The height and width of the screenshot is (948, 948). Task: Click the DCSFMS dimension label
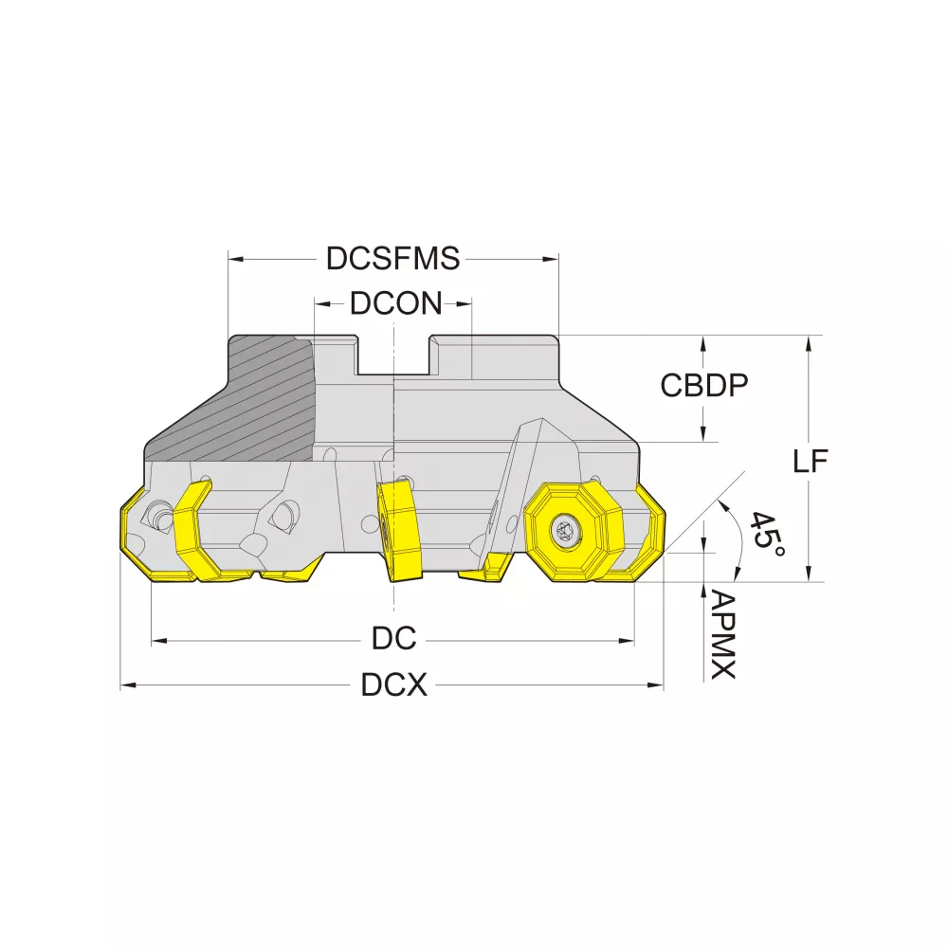pyautogui.click(x=393, y=258)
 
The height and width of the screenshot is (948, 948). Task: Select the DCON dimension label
pyautogui.click(x=396, y=303)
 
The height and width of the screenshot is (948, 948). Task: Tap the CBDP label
pyautogui.click(x=703, y=385)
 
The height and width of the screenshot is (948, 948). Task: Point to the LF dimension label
pyautogui.click(x=811, y=462)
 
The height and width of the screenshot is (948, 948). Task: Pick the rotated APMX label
pyautogui.click(x=721, y=635)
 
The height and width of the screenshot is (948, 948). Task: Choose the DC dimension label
pyautogui.click(x=393, y=638)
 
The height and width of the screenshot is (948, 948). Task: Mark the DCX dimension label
pyautogui.click(x=393, y=685)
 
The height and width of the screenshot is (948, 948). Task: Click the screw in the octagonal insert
pyautogui.click(x=567, y=531)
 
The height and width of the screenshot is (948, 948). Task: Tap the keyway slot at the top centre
pyautogui.click(x=393, y=355)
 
